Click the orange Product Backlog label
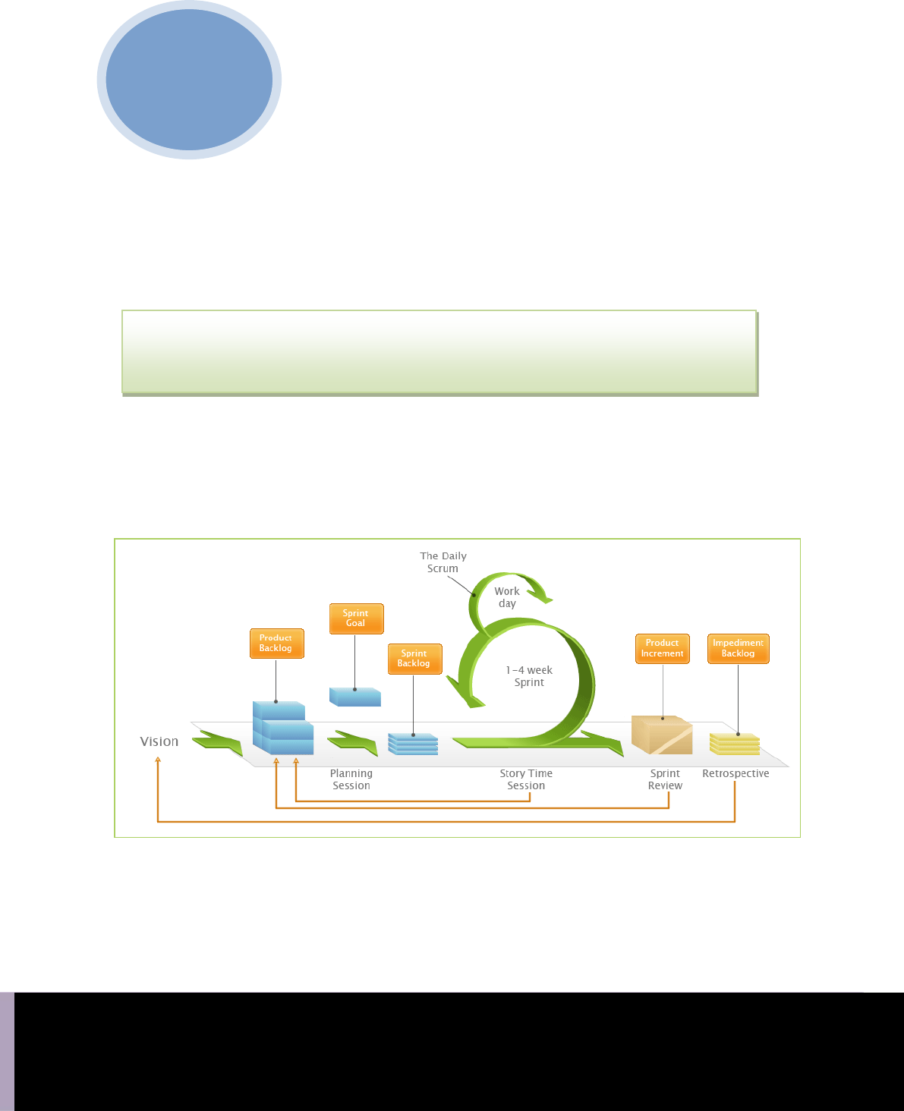click(276, 644)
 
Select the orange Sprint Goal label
click(356, 618)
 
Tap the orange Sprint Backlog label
click(414, 659)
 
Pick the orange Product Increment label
click(662, 648)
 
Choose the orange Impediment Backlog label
click(738, 648)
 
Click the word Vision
click(159, 741)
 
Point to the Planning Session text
click(351, 779)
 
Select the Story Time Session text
click(526, 779)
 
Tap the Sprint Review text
click(665, 779)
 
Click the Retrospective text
click(735, 773)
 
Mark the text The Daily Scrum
click(443, 562)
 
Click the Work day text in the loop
click(507, 597)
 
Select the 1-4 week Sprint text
click(529, 676)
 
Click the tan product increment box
click(661, 735)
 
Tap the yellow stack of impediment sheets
click(735, 744)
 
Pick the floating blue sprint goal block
click(355, 697)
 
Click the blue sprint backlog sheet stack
click(413, 744)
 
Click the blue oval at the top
click(189, 80)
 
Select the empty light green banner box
click(439, 351)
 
